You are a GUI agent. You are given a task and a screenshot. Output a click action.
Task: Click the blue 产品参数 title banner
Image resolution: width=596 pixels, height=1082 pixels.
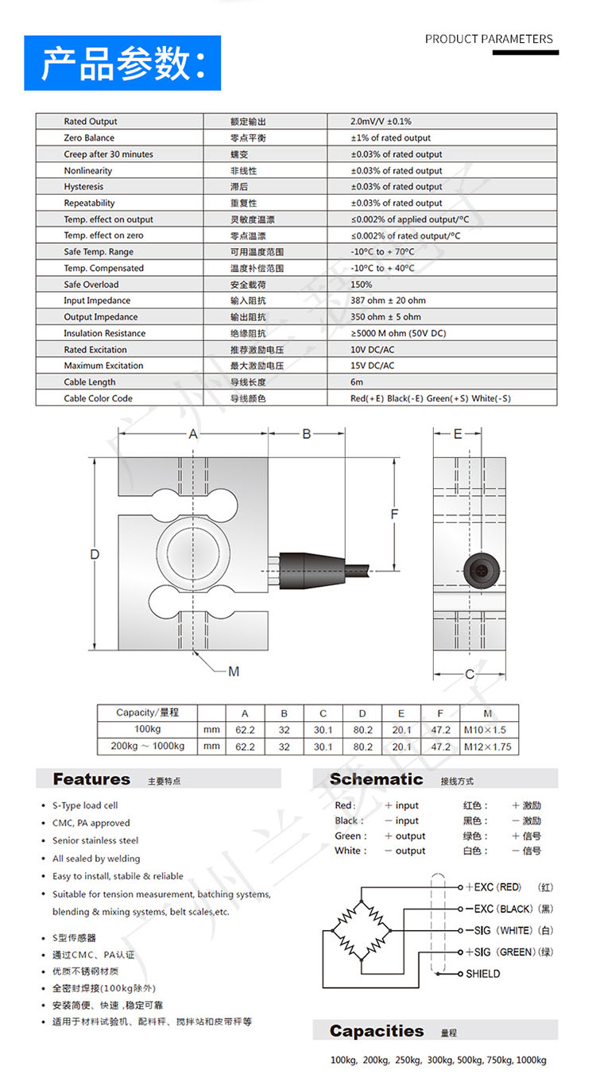pos(122,63)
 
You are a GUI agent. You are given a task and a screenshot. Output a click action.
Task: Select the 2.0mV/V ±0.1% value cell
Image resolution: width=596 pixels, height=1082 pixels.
pos(381,122)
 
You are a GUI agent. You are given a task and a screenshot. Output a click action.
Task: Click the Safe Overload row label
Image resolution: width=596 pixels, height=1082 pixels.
pos(91,285)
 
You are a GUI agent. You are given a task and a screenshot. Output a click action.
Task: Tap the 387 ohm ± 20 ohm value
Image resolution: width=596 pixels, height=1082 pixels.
pos(388,301)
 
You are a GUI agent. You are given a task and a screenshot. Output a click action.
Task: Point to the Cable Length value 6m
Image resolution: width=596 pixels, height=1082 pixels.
pos(357,382)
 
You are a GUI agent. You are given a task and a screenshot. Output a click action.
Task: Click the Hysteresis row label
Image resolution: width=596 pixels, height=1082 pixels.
pos(83,187)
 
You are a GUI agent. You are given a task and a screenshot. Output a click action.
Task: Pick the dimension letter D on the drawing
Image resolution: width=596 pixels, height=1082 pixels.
pos(95,554)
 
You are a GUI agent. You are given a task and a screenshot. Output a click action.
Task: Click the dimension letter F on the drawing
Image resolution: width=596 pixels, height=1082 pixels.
pos(394,514)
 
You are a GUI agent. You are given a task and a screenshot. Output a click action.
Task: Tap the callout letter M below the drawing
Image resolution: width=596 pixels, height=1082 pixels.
pos(234,673)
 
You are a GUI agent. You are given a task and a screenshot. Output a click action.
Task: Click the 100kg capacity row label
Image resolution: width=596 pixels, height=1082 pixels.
pos(147,729)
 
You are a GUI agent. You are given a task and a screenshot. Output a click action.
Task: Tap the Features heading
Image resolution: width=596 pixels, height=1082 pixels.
pos(91,779)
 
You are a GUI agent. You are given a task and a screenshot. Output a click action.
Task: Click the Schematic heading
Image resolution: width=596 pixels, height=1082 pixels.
pos(377,779)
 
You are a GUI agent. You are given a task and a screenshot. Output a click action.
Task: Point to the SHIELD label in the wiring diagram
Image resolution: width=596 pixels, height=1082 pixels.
pos(483,974)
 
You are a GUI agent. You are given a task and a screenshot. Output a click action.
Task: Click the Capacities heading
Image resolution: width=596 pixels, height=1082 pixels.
pos(377,1031)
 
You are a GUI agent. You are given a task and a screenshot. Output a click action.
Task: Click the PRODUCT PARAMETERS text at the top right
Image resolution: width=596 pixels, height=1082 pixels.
pos(489,39)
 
